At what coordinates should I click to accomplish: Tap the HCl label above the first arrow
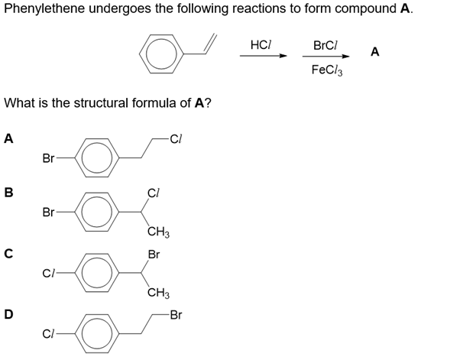(261, 45)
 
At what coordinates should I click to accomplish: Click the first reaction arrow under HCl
(261, 57)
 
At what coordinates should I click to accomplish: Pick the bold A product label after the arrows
(374, 51)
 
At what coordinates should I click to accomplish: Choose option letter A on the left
(8, 139)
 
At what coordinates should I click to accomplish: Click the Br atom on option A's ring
(48, 159)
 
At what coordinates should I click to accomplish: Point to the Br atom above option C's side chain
(154, 254)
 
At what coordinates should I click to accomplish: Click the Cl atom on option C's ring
(49, 273)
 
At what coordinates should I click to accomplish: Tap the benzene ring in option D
(98, 334)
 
